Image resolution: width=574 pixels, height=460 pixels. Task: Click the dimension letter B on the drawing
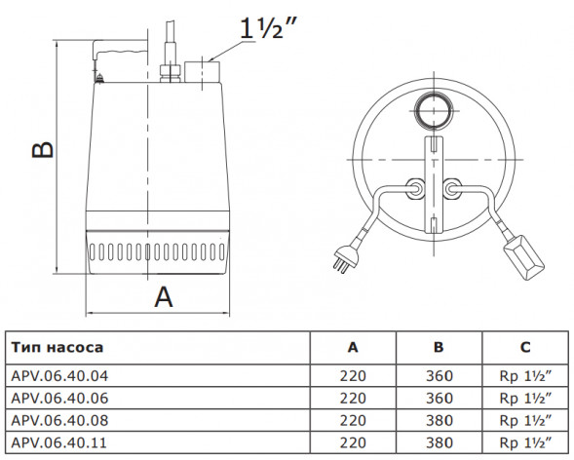tap(43, 149)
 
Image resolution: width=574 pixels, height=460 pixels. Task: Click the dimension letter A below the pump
tap(164, 297)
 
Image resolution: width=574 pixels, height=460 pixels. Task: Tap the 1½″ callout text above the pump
tap(268, 28)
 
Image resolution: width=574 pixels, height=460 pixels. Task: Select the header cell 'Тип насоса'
tap(57, 347)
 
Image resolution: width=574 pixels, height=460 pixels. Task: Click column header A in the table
tap(353, 347)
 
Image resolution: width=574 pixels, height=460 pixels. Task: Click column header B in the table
tap(439, 347)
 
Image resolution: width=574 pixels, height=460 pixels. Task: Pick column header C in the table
tap(525, 347)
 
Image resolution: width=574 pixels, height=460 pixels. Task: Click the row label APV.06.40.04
tap(59, 376)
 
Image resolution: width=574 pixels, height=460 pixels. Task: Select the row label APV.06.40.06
tap(59, 398)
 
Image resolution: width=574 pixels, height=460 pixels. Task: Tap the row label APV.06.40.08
tap(59, 420)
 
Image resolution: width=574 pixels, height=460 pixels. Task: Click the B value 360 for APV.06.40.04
tap(440, 376)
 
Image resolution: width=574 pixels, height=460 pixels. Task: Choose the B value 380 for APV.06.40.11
tap(440, 442)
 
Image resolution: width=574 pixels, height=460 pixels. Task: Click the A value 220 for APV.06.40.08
tap(353, 420)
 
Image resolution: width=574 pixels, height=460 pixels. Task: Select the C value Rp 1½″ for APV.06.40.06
tap(525, 398)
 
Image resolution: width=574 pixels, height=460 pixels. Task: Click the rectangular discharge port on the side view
tap(202, 72)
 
